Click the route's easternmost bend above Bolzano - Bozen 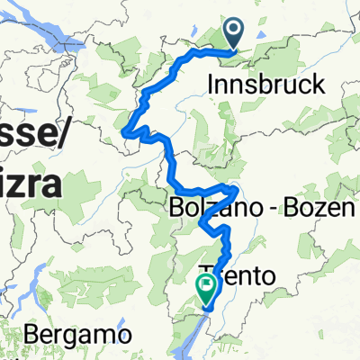237,191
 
